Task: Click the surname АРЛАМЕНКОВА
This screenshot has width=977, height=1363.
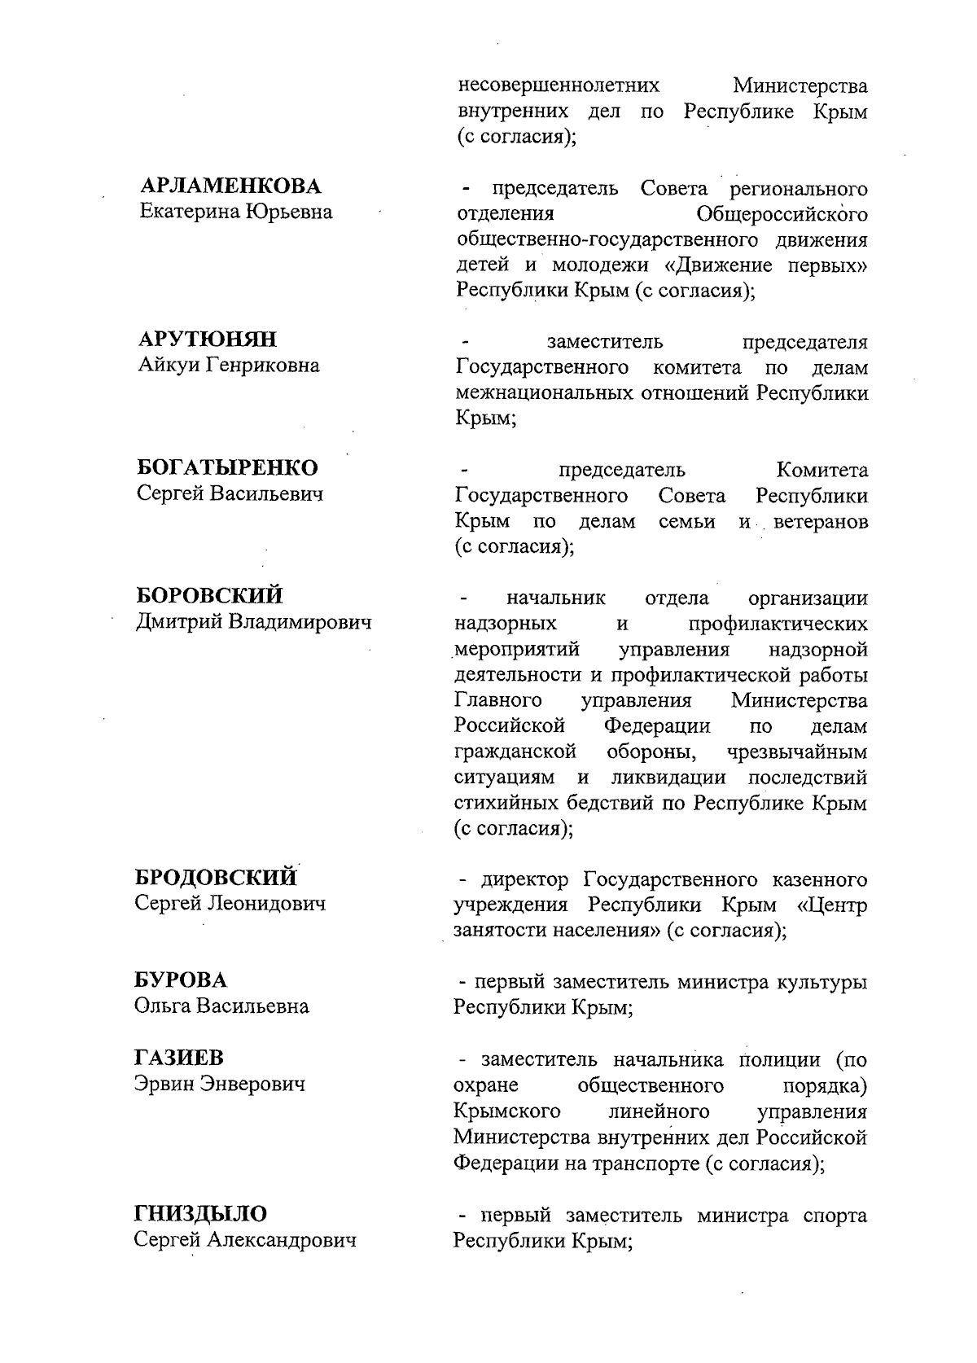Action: (x=230, y=186)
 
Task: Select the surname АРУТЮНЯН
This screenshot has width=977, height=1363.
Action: (x=208, y=340)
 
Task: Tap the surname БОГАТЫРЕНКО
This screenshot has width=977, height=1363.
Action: (x=227, y=468)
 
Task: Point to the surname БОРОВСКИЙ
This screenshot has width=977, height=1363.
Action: (x=209, y=596)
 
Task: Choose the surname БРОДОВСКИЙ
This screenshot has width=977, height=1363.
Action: (x=216, y=878)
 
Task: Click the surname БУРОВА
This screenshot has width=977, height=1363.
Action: (x=181, y=980)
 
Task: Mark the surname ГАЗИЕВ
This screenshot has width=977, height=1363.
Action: (x=178, y=1058)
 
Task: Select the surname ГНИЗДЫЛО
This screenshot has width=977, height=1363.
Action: (x=200, y=1214)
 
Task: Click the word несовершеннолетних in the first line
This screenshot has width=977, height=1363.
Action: (x=558, y=85)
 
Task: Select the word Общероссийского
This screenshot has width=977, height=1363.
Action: (x=782, y=215)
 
